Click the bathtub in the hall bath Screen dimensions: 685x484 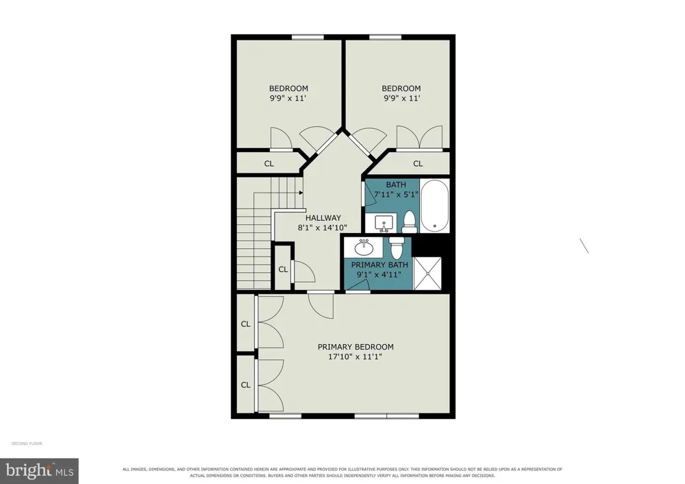pyautogui.click(x=435, y=206)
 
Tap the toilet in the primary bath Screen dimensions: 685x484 pyautogui.click(x=396, y=247)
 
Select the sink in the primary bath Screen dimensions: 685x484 pyautogui.click(x=364, y=248)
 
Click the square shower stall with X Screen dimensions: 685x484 pyautogui.click(x=427, y=274)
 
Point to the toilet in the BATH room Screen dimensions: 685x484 pyautogui.click(x=410, y=222)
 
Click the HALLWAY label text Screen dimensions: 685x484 pyautogui.click(x=323, y=218)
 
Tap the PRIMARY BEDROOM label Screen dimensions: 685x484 pyautogui.click(x=356, y=347)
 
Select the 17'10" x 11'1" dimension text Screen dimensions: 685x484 pyautogui.click(x=355, y=356)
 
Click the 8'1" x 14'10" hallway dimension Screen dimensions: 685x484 pyautogui.click(x=323, y=228)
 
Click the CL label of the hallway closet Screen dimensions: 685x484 pyautogui.click(x=283, y=269)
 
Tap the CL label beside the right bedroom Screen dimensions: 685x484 pyautogui.click(x=418, y=164)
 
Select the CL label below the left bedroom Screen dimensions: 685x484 pyautogui.click(x=269, y=164)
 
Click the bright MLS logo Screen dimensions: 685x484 pyautogui.click(x=39, y=471)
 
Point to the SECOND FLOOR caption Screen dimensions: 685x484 pyautogui.click(x=27, y=444)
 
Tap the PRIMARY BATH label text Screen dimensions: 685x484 pyautogui.click(x=379, y=265)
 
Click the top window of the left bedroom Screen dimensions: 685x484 pyautogui.click(x=308, y=37)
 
